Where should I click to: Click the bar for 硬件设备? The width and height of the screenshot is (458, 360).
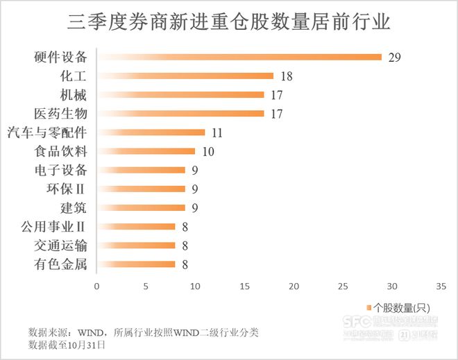click(239, 57)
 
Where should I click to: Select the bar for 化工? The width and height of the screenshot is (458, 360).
click(185, 76)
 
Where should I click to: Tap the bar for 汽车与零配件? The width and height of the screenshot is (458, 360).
click(151, 132)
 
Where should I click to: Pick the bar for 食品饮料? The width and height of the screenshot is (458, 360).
click(146, 151)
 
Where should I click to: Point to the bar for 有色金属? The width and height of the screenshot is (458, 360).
click(136, 264)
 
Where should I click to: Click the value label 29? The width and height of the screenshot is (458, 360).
click(395, 57)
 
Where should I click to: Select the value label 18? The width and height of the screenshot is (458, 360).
click(287, 76)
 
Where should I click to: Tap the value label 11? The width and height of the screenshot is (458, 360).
click(217, 132)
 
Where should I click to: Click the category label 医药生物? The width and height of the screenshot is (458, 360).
click(61, 113)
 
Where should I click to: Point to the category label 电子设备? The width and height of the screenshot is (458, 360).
click(61, 169)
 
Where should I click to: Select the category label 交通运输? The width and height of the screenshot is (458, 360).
click(61, 244)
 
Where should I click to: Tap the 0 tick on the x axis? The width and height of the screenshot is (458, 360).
click(97, 286)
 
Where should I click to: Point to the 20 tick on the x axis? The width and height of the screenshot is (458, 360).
click(294, 286)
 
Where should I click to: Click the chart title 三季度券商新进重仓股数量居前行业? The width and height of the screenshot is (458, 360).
click(229, 23)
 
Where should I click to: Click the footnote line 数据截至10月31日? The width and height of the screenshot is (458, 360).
click(67, 344)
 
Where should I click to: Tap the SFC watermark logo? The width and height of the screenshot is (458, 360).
click(357, 322)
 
